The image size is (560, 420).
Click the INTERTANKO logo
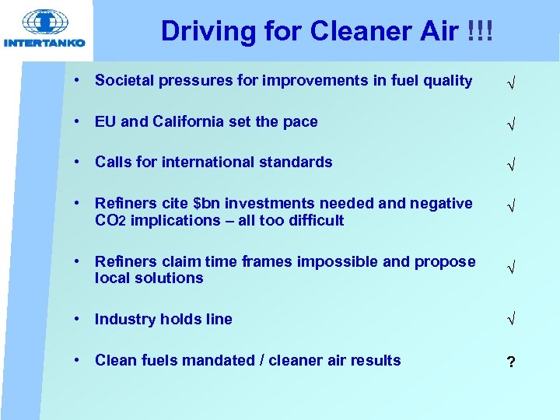pyautogui.click(x=44, y=29)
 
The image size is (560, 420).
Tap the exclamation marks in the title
pyautogui.click(x=480, y=31)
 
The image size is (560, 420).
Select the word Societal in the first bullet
pyautogui.click(x=124, y=81)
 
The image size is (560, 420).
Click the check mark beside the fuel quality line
pyautogui.click(x=510, y=82)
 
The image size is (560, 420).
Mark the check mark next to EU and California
pyautogui.click(x=510, y=124)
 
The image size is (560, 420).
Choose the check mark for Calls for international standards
pyautogui.click(x=510, y=164)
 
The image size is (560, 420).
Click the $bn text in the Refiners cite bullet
pyautogui.click(x=207, y=204)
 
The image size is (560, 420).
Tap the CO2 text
pyautogui.click(x=110, y=221)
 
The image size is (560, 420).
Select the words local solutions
pyautogui.click(x=149, y=278)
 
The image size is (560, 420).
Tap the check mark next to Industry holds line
pyautogui.click(x=510, y=320)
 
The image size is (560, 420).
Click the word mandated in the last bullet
pyautogui.click(x=217, y=360)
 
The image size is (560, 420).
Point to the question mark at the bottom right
pyautogui.click(x=510, y=362)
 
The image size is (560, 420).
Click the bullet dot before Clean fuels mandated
pyautogui.click(x=79, y=360)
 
